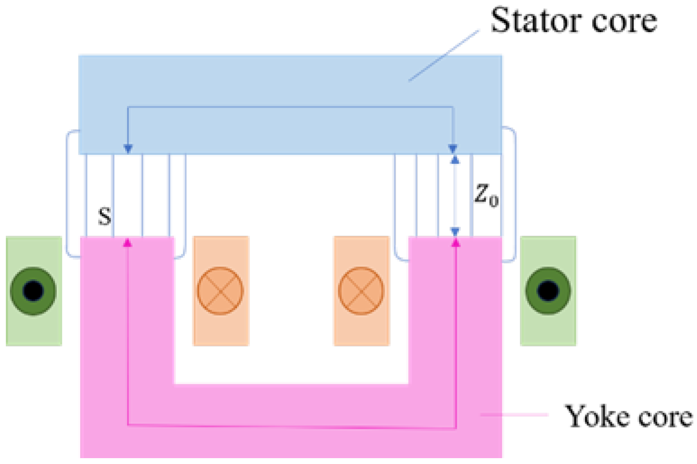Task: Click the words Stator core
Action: pos(573,21)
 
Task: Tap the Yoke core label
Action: pos(628,416)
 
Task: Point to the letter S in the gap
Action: pos(105,216)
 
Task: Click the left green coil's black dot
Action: pos(33,291)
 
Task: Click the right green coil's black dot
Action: pos(548,291)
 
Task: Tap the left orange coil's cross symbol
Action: pos(220,291)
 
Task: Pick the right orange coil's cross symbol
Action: pos(361,291)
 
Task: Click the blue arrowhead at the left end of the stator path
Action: pos(128,148)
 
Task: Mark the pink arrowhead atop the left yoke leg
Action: pos(128,243)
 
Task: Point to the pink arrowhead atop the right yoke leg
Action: pos(456,243)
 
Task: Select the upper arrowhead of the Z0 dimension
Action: pos(455,160)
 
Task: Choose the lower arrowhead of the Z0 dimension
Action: pos(455,231)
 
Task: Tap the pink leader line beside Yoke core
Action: pos(514,414)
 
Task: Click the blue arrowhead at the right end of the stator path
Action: pos(453,148)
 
